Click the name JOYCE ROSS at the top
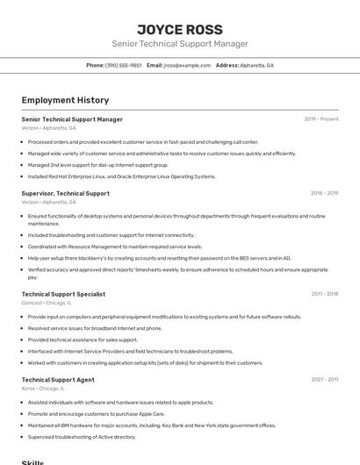179,29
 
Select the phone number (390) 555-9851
123,66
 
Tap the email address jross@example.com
187,66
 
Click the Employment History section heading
65,100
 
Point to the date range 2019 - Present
321,119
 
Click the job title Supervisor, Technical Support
66,193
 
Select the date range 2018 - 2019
324,193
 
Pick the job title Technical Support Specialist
63,294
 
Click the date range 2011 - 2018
324,294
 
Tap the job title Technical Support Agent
58,380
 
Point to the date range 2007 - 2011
324,380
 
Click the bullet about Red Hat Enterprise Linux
121,176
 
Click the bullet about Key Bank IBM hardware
151,426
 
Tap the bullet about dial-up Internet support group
97,165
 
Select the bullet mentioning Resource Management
114,247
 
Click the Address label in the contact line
227,66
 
